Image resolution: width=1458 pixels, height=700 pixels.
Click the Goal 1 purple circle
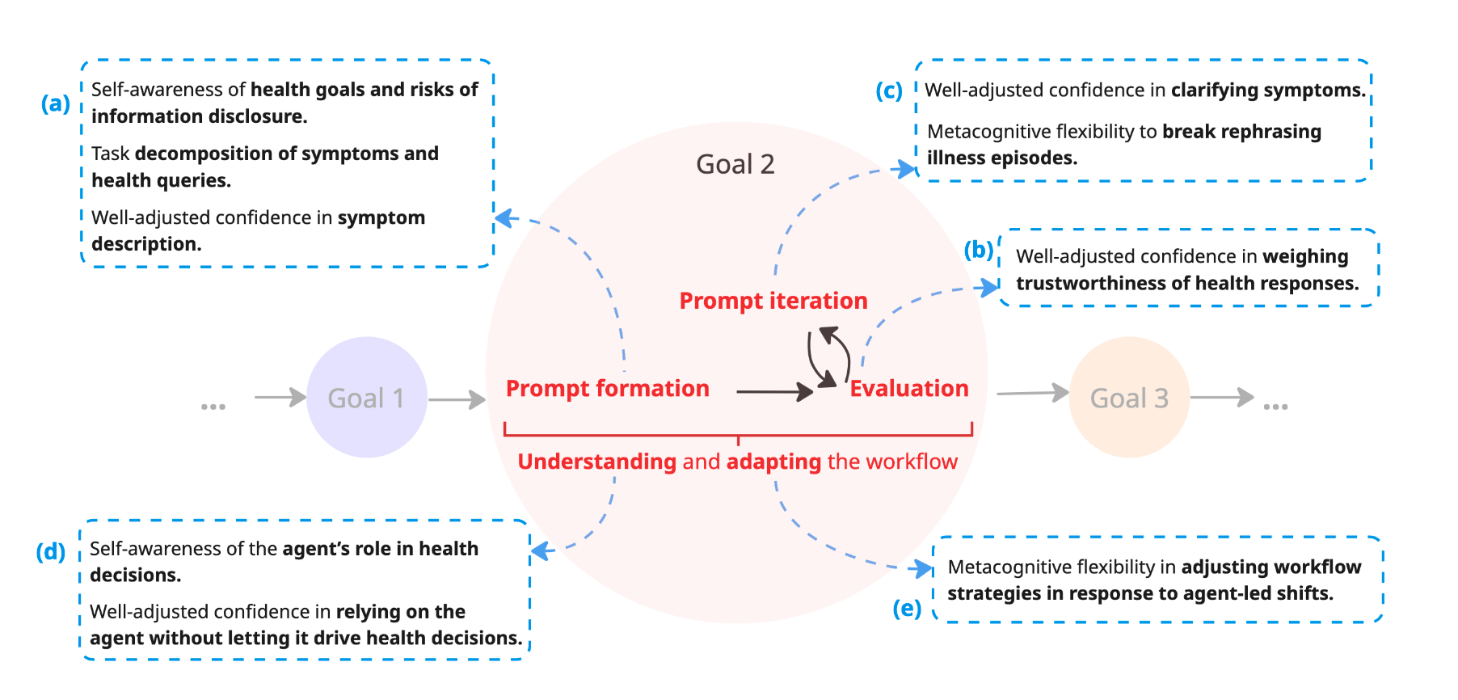[x=366, y=398]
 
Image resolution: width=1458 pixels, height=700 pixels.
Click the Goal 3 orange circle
[x=1129, y=398]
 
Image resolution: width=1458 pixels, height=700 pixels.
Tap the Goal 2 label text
[x=735, y=164]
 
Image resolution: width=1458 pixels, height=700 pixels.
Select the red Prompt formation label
[x=607, y=389]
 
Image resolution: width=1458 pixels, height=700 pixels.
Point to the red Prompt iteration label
[x=773, y=301]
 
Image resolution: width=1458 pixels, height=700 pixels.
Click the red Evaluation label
[x=908, y=389]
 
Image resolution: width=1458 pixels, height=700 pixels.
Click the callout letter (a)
[x=56, y=103]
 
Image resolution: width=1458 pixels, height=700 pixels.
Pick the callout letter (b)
[x=978, y=251]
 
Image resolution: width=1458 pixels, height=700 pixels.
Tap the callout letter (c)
[x=889, y=91]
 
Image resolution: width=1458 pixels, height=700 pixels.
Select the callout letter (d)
[x=50, y=552]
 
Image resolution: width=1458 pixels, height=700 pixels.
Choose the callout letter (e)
[x=907, y=609]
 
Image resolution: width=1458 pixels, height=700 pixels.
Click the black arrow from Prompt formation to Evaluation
[x=773, y=392]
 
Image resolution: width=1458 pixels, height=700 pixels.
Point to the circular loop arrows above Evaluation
[x=828, y=356]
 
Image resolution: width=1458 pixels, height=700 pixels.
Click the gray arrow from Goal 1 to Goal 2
[x=456, y=399]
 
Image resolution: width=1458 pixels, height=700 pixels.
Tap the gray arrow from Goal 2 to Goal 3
[x=1032, y=394]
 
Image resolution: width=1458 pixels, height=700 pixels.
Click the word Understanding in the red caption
[x=596, y=462]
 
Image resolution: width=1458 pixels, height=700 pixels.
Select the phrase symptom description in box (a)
[x=380, y=218]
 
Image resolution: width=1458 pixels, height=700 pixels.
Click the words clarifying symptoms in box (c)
[x=1267, y=91]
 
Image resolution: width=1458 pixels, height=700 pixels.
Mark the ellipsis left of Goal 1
[x=213, y=406]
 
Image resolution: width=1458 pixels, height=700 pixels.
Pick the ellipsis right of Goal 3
[x=1275, y=406]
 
